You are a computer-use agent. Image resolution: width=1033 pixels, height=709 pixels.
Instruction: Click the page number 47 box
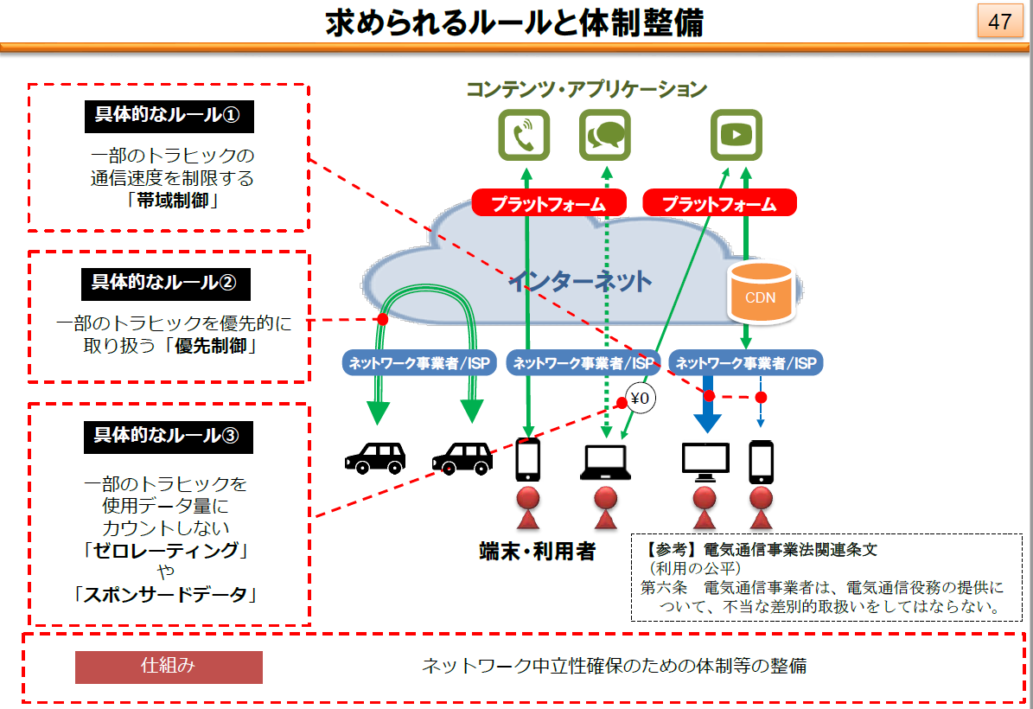tap(999, 21)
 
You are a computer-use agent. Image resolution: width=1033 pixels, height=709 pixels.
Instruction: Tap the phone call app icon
tap(524, 135)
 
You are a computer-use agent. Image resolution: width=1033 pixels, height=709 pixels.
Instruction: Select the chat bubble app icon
tap(605, 135)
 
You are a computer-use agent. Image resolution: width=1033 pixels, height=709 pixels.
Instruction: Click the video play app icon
tap(736, 135)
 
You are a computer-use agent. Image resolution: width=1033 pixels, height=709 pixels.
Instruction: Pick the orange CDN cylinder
tap(761, 293)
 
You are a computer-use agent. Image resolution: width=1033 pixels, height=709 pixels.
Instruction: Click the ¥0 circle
tap(641, 398)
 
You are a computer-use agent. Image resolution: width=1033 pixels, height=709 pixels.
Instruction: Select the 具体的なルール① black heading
tap(169, 116)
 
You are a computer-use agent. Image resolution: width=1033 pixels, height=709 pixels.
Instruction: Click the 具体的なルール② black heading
tap(165, 284)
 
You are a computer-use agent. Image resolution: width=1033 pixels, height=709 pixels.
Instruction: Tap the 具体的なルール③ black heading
tap(168, 437)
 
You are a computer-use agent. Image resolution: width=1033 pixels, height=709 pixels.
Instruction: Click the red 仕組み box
tap(169, 667)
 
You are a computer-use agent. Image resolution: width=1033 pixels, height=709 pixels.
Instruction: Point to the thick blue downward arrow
tap(708, 404)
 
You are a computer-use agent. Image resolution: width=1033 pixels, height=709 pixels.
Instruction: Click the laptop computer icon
tap(605, 462)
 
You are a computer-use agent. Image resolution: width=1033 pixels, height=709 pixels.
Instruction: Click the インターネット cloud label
tap(580, 281)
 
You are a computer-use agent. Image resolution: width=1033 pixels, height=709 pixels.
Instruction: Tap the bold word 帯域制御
tap(172, 201)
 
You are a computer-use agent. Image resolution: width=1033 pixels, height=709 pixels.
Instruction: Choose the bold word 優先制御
tap(210, 345)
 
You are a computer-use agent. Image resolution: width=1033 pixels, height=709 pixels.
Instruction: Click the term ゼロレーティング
tap(165, 550)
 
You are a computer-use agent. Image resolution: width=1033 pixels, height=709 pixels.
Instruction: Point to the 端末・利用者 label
tap(538, 551)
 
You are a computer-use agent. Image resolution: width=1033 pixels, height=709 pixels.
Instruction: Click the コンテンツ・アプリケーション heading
tap(586, 89)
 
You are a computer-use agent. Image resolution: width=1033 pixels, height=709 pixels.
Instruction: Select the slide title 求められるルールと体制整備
tap(514, 22)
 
